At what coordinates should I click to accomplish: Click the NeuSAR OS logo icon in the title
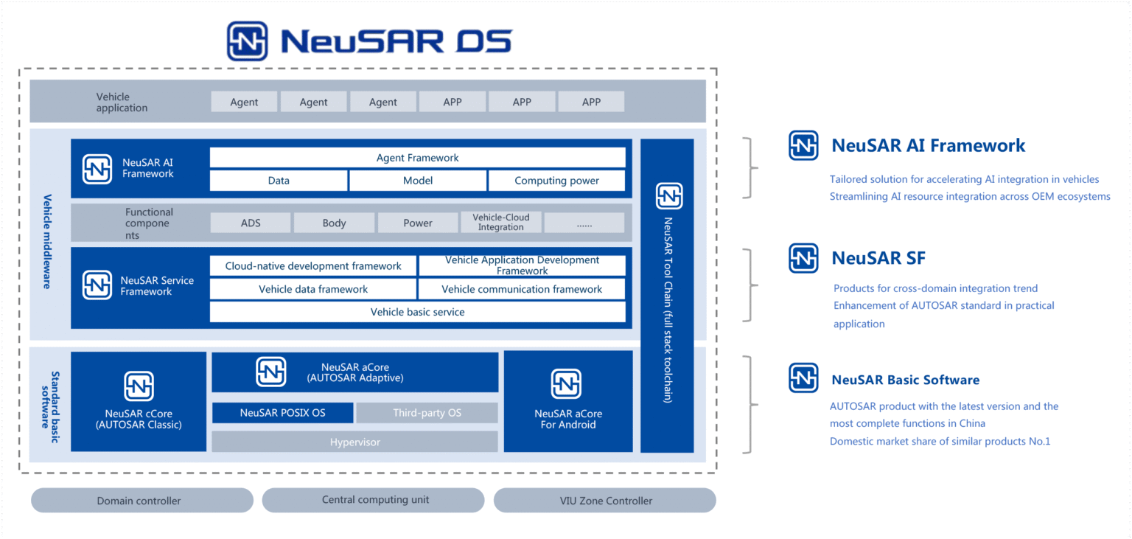coord(247,41)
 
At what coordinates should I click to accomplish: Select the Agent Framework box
coord(417,158)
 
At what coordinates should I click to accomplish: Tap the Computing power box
coord(556,181)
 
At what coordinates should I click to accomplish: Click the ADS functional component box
coord(251,223)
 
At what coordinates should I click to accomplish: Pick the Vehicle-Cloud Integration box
coord(500,223)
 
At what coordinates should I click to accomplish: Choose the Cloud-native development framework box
coord(313,266)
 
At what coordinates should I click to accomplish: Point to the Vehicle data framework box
coord(313,289)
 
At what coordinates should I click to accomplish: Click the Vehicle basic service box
coord(417,312)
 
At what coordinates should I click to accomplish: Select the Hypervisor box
coord(354,442)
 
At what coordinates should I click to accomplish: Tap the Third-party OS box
coord(427,413)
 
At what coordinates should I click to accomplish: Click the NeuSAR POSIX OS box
coord(282,413)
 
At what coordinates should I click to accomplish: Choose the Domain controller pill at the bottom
coord(139,501)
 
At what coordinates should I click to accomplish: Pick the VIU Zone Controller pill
coord(605,501)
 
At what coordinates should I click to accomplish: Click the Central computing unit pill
coord(375,500)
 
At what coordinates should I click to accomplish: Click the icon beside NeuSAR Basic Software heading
coord(803,378)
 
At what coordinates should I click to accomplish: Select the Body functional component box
coord(334,223)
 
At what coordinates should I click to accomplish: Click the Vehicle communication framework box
coord(522,289)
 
